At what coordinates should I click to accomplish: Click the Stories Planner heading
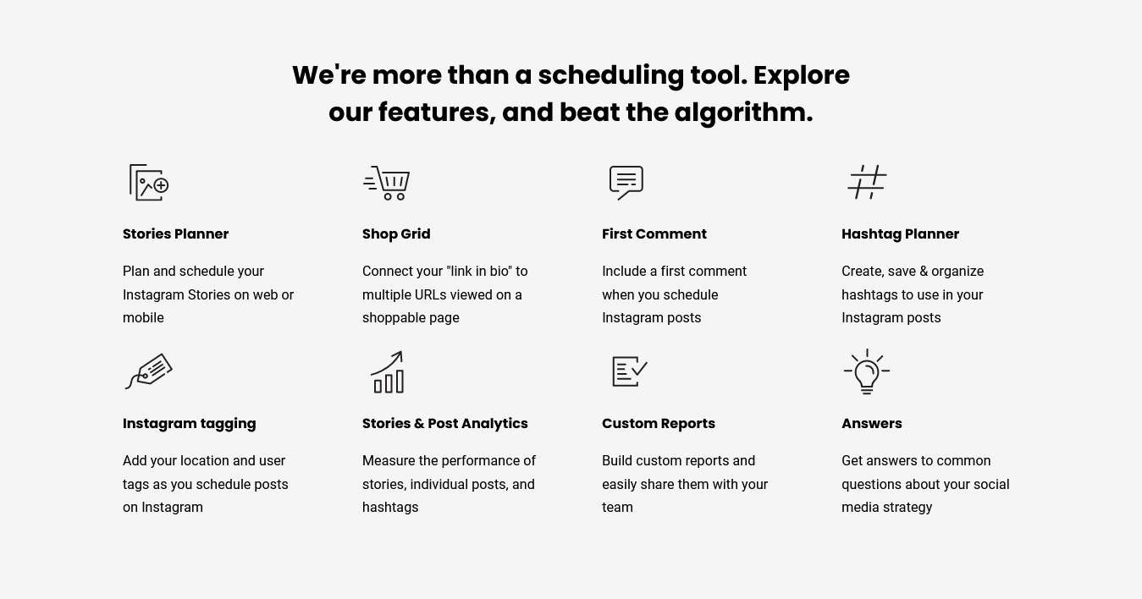pos(175,234)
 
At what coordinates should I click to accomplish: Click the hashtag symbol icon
pos(867,182)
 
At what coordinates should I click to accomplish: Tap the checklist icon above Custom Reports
pos(629,371)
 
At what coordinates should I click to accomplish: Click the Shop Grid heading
pos(396,234)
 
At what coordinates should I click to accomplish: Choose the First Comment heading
pos(654,234)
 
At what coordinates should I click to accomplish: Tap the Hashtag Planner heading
pos(901,234)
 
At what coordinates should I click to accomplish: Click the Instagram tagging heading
pos(189,424)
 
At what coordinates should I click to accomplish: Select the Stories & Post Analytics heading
pos(445,424)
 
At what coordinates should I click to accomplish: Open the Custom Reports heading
pos(658,424)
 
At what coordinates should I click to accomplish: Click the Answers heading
pos(872,423)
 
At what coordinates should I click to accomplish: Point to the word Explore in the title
pos(802,76)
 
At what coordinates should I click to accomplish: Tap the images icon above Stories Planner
pos(149,183)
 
